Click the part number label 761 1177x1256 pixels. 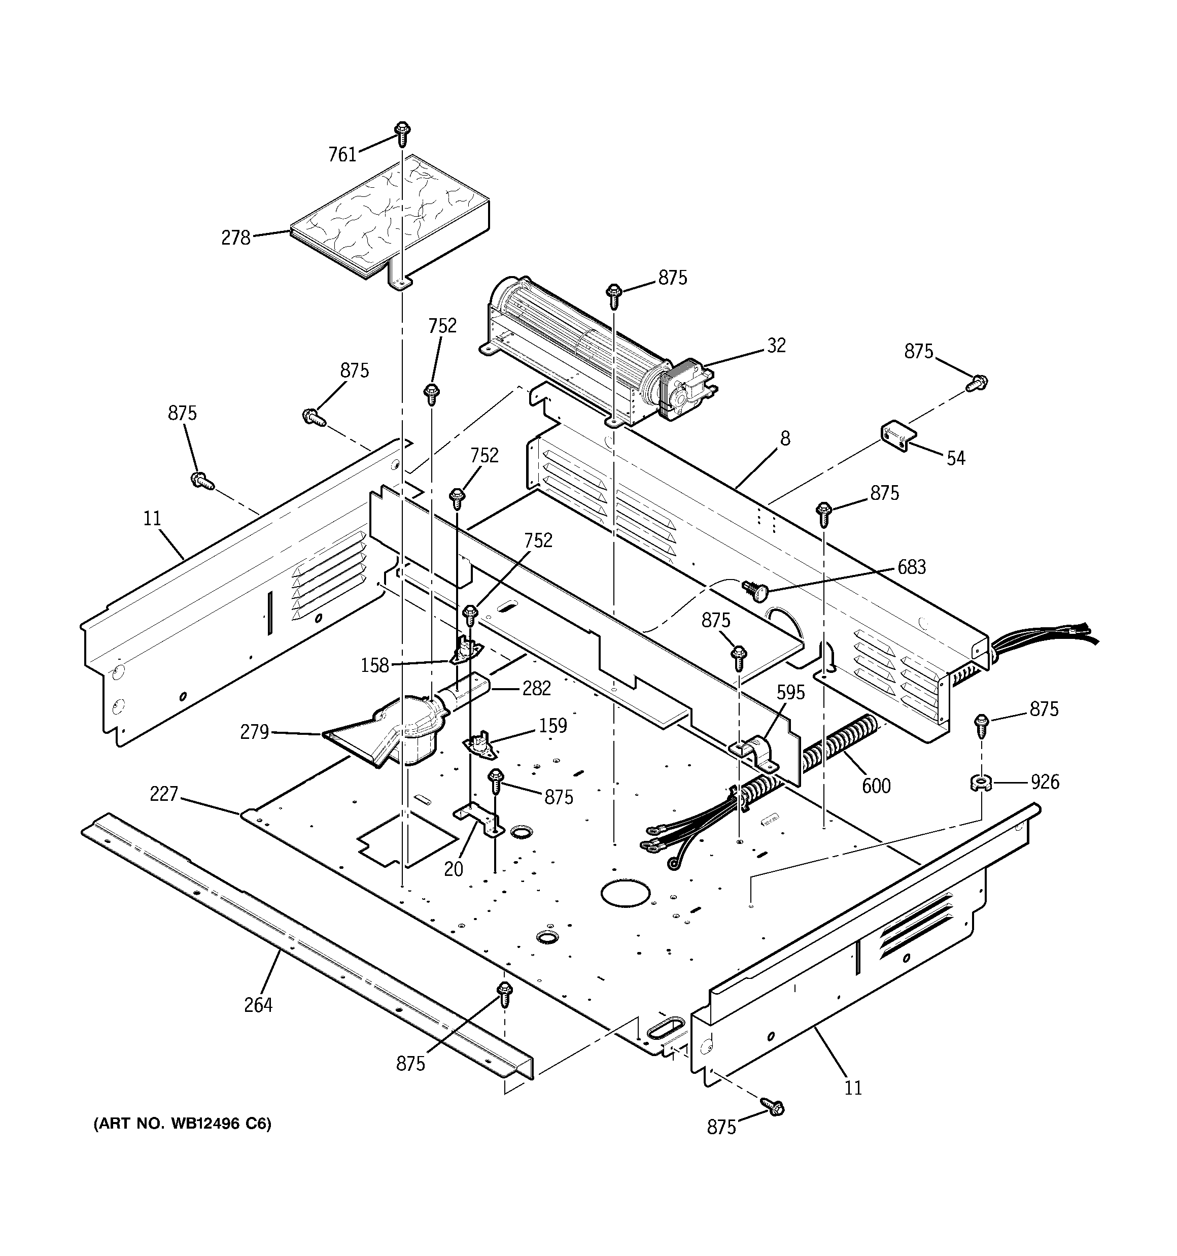tap(342, 154)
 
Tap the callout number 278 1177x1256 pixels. tap(235, 238)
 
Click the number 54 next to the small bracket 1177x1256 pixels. tap(955, 458)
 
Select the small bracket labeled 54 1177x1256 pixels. tap(898, 435)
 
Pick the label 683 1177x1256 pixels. tap(911, 567)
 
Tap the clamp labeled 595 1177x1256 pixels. tap(756, 752)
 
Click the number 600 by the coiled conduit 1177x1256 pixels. tap(876, 786)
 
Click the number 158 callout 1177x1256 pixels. tap(374, 665)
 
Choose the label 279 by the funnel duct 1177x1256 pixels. tap(254, 732)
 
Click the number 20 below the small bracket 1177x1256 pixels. tap(453, 869)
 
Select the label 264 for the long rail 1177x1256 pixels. tap(258, 1005)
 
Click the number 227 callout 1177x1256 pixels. tap(164, 794)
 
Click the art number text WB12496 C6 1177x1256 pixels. tap(183, 1124)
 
